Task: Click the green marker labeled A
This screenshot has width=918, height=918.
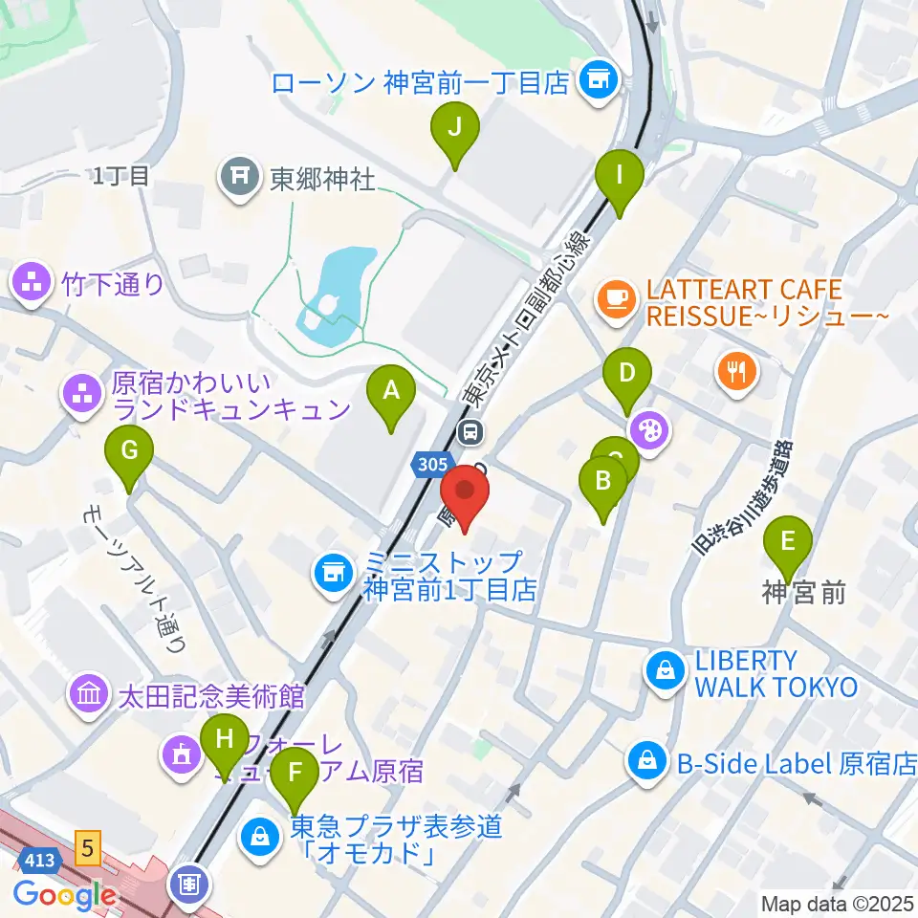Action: (x=391, y=392)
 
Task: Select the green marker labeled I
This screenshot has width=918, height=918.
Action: (x=619, y=177)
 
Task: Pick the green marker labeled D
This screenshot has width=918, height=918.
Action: (x=627, y=373)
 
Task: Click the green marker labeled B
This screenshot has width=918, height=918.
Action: (x=602, y=481)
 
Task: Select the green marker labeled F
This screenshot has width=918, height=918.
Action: (x=295, y=772)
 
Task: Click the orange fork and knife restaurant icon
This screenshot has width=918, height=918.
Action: (x=735, y=370)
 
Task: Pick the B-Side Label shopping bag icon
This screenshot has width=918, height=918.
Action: (x=645, y=762)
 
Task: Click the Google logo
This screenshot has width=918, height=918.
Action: (x=65, y=894)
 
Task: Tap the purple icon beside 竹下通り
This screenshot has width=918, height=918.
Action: (x=31, y=283)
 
